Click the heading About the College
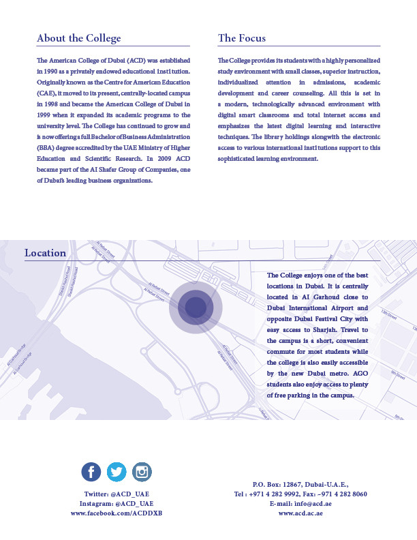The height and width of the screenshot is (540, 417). click(x=78, y=38)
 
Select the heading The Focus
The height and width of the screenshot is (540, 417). click(x=242, y=38)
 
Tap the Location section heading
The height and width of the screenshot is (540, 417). click(x=46, y=253)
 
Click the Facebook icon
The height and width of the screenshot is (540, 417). click(x=91, y=471)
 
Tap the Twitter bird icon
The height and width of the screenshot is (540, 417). click(x=117, y=471)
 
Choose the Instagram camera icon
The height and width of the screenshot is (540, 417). click(x=142, y=471)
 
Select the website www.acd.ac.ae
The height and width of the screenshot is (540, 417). click(x=300, y=513)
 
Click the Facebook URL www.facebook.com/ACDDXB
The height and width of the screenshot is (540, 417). click(x=117, y=513)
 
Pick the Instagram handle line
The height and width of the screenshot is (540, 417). click(x=117, y=503)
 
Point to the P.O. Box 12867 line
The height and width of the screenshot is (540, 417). click(x=300, y=483)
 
